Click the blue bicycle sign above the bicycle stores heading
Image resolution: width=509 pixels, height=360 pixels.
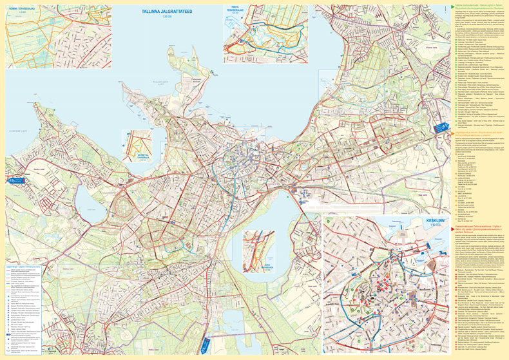tap(441, 127)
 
